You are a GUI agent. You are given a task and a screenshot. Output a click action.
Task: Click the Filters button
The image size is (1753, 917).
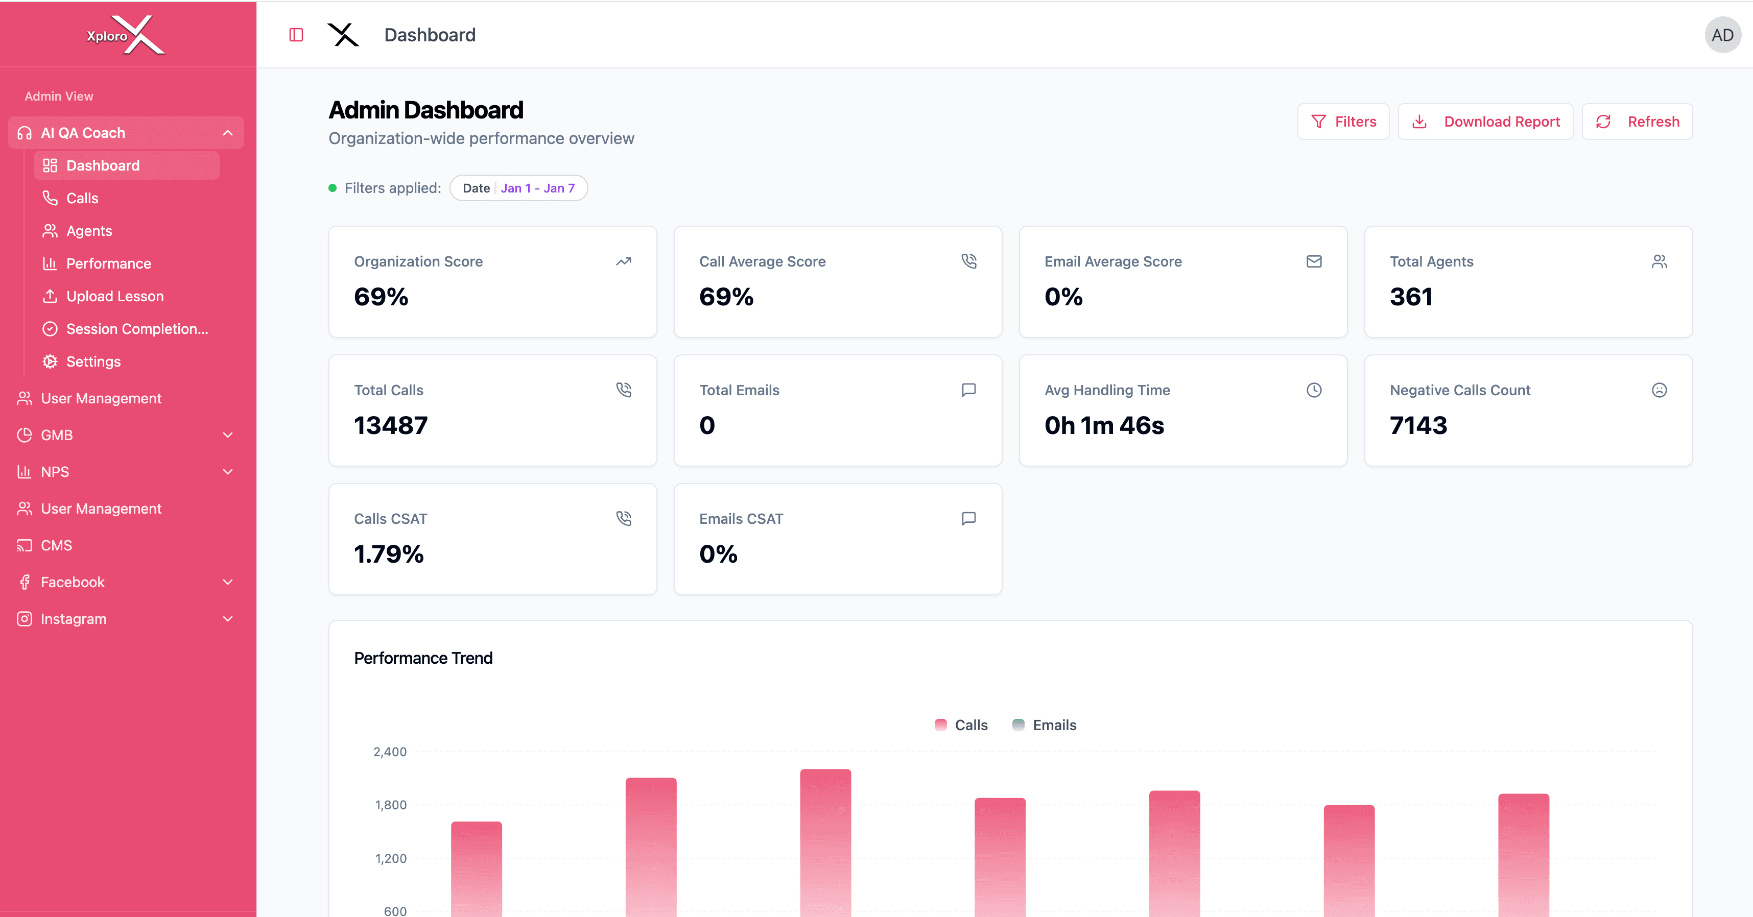click(1343, 122)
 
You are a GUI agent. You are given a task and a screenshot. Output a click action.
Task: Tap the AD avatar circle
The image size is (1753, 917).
click(1722, 35)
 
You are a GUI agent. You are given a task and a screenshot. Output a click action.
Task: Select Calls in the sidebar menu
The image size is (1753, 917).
click(82, 198)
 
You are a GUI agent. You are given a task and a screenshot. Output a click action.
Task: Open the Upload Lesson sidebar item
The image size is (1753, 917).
click(114, 296)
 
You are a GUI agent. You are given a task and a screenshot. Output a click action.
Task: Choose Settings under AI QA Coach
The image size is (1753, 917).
click(93, 361)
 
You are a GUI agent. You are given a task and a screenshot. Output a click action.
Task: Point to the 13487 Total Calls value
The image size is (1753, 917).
click(391, 425)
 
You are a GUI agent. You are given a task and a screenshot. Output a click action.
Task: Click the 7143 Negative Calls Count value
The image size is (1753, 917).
click(1418, 425)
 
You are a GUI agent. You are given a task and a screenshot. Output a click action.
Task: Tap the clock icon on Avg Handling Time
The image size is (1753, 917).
click(1313, 390)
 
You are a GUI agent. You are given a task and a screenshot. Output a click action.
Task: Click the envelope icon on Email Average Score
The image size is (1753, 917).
click(1313, 261)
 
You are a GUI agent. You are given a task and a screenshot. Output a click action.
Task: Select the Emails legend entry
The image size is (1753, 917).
click(1045, 725)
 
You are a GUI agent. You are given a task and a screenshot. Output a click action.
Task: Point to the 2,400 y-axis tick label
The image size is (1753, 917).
click(390, 752)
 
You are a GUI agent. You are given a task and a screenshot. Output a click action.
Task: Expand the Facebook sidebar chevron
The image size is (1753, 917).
click(228, 582)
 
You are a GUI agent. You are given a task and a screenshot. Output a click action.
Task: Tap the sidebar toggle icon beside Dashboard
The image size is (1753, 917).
click(296, 35)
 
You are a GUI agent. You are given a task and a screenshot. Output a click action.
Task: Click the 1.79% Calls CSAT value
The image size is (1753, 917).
click(389, 554)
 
